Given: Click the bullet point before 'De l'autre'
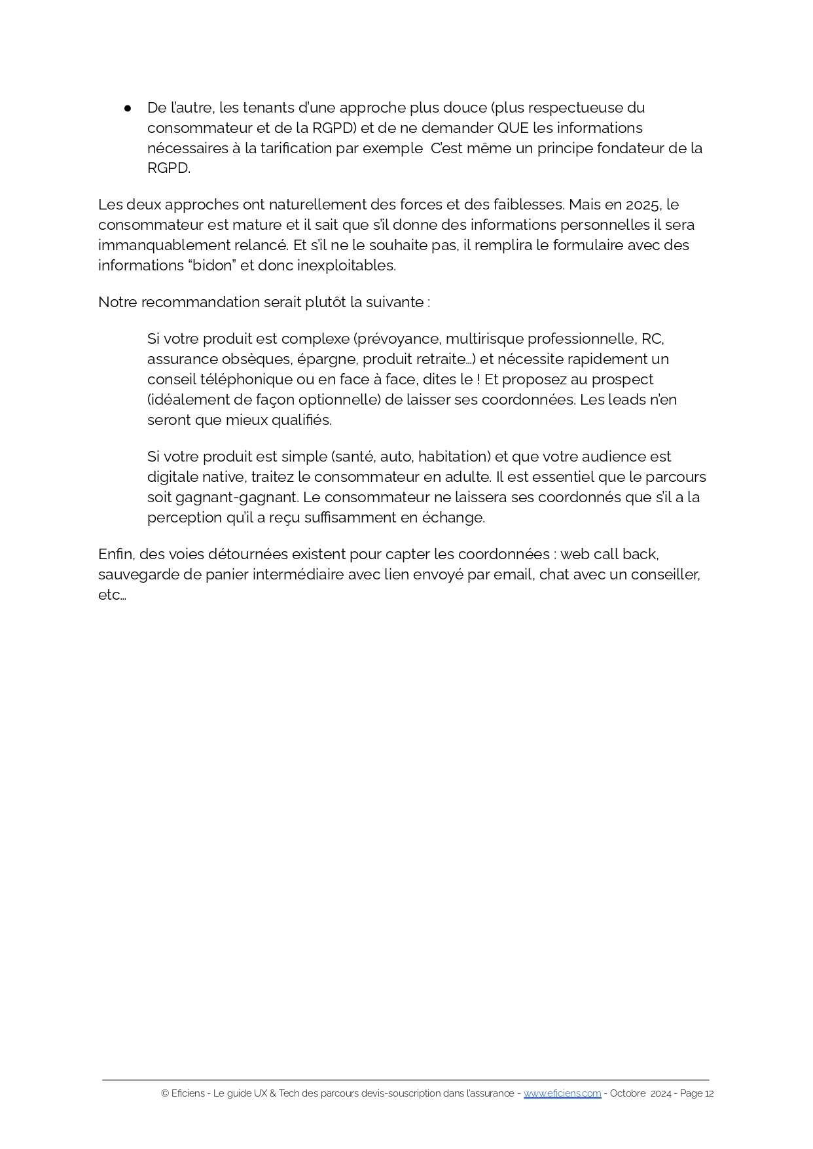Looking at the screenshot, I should (128, 108).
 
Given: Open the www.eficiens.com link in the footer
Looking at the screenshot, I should (562, 1093).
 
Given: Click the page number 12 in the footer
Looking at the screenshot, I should (709, 1093).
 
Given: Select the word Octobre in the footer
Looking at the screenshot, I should (628, 1093).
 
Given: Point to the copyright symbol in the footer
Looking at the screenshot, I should (165, 1093).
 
